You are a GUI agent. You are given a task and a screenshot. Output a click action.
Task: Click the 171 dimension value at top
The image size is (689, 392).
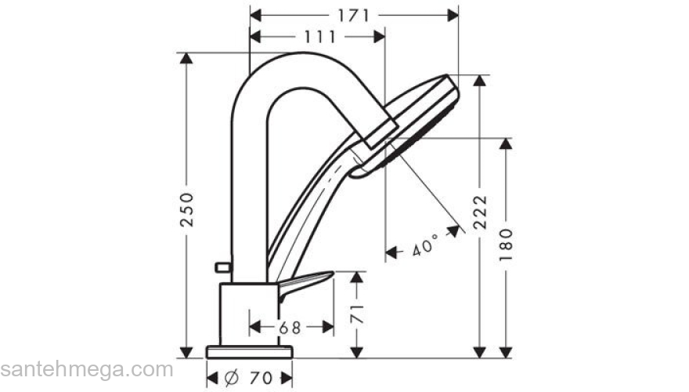[353, 15]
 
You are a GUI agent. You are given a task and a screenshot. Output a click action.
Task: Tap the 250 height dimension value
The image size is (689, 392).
[186, 209]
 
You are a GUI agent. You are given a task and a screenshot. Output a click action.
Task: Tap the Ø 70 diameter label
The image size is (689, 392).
[249, 378]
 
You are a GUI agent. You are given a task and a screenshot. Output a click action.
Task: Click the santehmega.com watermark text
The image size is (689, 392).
[86, 369]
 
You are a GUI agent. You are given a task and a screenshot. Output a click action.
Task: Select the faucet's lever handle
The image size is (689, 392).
[305, 282]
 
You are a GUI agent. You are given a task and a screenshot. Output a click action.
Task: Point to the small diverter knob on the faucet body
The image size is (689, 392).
[222, 268]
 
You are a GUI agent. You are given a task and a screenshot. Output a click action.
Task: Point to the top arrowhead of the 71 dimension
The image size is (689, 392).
[358, 277]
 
